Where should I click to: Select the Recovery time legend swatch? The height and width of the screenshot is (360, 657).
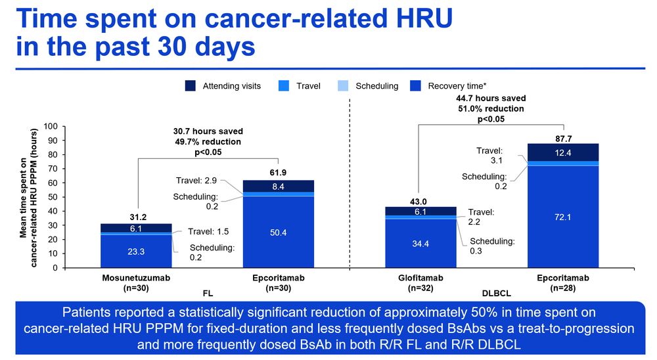pyautogui.click(x=415, y=86)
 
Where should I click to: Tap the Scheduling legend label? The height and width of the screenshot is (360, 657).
pyautogui.click(x=376, y=86)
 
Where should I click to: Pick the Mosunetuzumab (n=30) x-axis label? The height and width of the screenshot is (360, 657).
pyautogui.click(x=136, y=282)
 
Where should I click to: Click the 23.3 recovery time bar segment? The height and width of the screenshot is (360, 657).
pyautogui.click(x=136, y=251)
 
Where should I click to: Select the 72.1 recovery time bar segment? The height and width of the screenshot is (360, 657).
pyautogui.click(x=564, y=216)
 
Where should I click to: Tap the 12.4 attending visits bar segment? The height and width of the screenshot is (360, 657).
pyautogui.click(x=564, y=152)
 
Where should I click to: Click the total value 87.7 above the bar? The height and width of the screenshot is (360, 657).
pyautogui.click(x=564, y=138)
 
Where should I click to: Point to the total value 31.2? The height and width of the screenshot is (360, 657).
pyautogui.click(x=136, y=218)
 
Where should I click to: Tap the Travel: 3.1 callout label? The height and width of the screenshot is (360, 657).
pyautogui.click(x=489, y=155)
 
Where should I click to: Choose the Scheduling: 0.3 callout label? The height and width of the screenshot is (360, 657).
pyautogui.click(x=492, y=246)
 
